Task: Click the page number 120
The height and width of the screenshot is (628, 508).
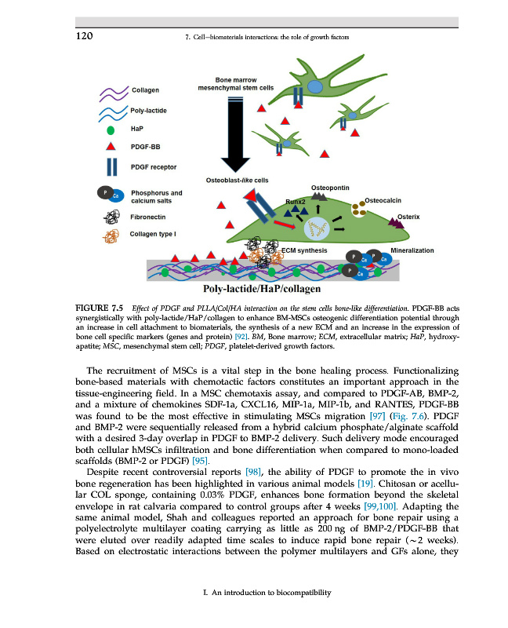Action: pos(85,36)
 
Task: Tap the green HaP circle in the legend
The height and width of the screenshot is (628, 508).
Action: pos(111,129)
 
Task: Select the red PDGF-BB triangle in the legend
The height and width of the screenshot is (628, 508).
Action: pos(111,146)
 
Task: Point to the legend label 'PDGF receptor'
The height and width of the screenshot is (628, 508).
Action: pos(154,166)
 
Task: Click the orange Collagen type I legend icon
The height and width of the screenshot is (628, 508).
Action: pos(111,235)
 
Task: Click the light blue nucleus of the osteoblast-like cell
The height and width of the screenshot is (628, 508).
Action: pos(317,228)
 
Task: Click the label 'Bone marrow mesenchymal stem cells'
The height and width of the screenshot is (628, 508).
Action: pos(235,83)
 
